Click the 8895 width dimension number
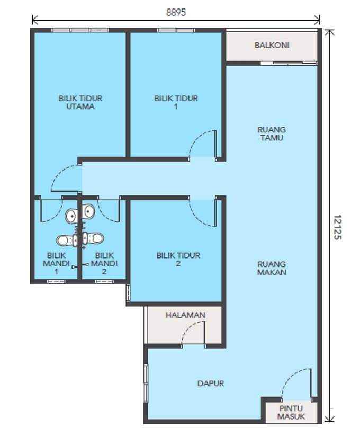tap(176, 13)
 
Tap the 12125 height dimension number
tap(337, 227)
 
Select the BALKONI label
tap(272, 45)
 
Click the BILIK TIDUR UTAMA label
tap(80, 102)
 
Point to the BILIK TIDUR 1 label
tap(176, 102)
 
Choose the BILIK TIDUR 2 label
tap(178, 260)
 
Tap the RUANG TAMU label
tap(272, 133)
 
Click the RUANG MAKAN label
tap(272, 268)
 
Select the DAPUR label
tap(211, 384)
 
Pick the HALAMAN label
tap(185, 315)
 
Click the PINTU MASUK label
tap(291, 412)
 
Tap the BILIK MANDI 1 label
tap(56, 263)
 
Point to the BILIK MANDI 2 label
tap(104, 263)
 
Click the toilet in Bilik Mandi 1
tap(67, 241)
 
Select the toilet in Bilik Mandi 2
tap(93, 238)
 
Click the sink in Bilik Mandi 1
tap(71, 216)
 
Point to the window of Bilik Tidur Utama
tap(80, 30)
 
